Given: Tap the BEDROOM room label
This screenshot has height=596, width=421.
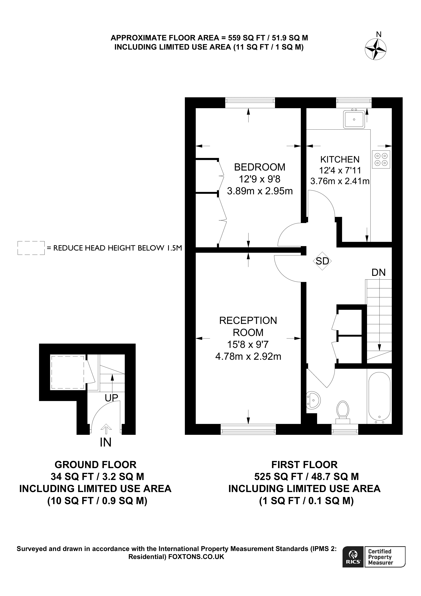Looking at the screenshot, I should [x=259, y=167].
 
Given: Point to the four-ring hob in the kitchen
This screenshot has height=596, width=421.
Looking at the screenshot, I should [x=381, y=159].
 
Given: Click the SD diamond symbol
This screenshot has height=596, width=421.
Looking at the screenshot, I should [x=322, y=261].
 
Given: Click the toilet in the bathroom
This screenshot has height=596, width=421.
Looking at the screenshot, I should [x=342, y=412].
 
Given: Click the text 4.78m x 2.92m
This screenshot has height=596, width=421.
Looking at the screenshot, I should [x=248, y=356].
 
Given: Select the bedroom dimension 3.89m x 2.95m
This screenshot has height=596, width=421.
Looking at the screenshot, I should [x=260, y=191].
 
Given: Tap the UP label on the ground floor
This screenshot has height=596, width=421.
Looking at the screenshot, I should [x=111, y=398].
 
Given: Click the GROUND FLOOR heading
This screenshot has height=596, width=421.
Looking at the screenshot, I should [x=95, y=464].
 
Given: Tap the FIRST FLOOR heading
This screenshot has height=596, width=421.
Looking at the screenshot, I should [x=304, y=464].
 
